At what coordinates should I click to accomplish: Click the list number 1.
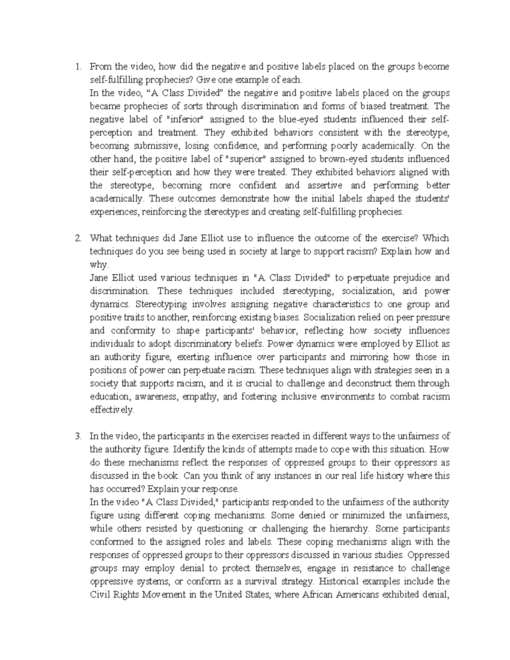(x=77, y=67)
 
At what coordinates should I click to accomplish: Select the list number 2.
(x=77, y=238)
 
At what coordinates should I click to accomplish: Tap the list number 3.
(x=77, y=436)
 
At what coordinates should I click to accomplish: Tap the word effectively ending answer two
(x=112, y=410)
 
